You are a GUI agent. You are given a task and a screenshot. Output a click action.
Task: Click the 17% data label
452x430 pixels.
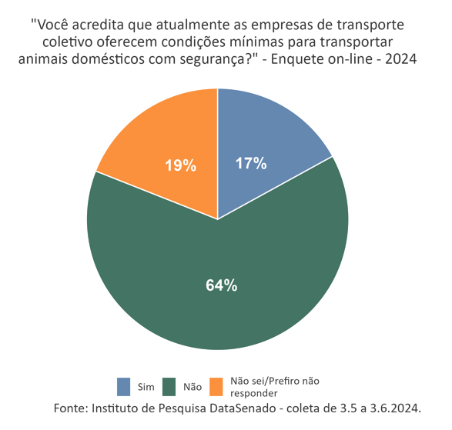(x=251, y=163)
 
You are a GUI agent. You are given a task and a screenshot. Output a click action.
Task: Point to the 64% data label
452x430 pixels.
(x=221, y=285)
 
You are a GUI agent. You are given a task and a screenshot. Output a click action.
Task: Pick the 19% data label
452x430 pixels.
(x=181, y=165)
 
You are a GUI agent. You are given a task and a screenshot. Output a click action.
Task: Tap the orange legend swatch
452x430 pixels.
(x=217, y=386)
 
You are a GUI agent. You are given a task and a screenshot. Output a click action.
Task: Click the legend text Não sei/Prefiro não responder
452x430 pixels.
(x=274, y=387)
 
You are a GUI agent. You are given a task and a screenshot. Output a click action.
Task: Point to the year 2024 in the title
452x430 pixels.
(x=400, y=60)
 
